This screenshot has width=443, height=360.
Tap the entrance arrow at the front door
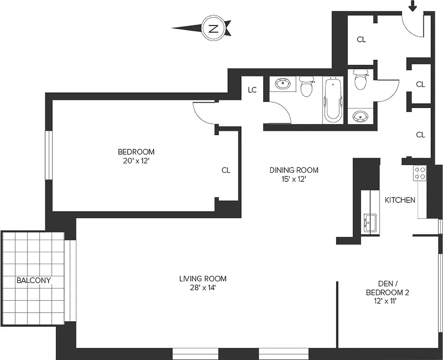click(412, 6)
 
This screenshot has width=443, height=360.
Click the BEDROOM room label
click(136, 152)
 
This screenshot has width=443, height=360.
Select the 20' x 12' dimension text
click(136, 161)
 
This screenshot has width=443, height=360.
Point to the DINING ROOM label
click(294, 170)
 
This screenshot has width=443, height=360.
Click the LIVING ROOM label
click(203, 279)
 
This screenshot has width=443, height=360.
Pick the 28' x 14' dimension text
click(203, 288)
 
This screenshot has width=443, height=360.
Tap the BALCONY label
click(34, 280)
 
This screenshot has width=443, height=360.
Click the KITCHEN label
click(400, 200)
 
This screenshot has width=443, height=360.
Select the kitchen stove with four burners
click(420, 173)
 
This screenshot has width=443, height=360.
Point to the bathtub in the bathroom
click(333, 100)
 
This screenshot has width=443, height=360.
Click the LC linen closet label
click(252, 90)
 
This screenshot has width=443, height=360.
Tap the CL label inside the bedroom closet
click(226, 170)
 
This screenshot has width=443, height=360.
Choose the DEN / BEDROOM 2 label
click(387, 288)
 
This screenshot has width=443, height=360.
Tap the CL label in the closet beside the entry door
click(361, 40)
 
